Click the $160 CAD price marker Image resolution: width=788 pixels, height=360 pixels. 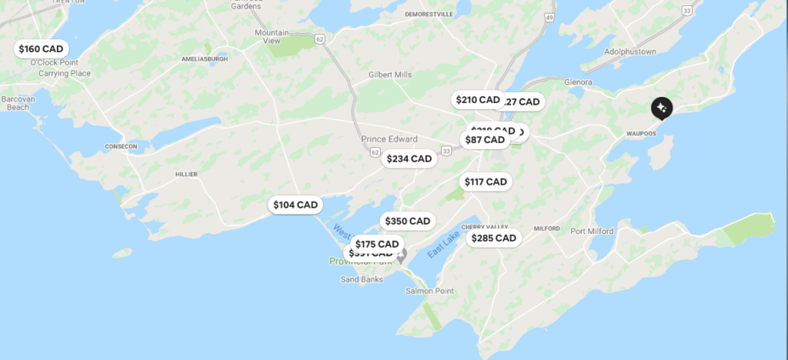click(x=41, y=48)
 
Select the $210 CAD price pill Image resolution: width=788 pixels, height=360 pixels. click(x=478, y=99)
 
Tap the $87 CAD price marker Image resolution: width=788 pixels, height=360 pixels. click(x=485, y=139)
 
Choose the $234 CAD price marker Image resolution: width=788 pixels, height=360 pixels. click(x=409, y=158)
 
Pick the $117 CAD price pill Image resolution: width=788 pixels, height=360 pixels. click(x=486, y=182)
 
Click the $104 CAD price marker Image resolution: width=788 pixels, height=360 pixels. click(x=295, y=205)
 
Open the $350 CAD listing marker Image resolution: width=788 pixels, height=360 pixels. click(x=408, y=221)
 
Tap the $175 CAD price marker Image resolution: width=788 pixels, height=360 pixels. click(x=377, y=244)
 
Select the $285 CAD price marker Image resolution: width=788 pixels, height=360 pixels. click(x=493, y=238)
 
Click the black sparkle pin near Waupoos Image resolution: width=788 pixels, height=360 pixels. click(x=661, y=108)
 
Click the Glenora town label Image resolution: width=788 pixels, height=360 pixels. click(x=577, y=82)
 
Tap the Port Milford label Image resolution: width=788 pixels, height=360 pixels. click(x=592, y=231)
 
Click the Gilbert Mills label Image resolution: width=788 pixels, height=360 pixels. click(x=390, y=74)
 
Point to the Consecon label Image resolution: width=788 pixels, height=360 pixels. click(x=120, y=146)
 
